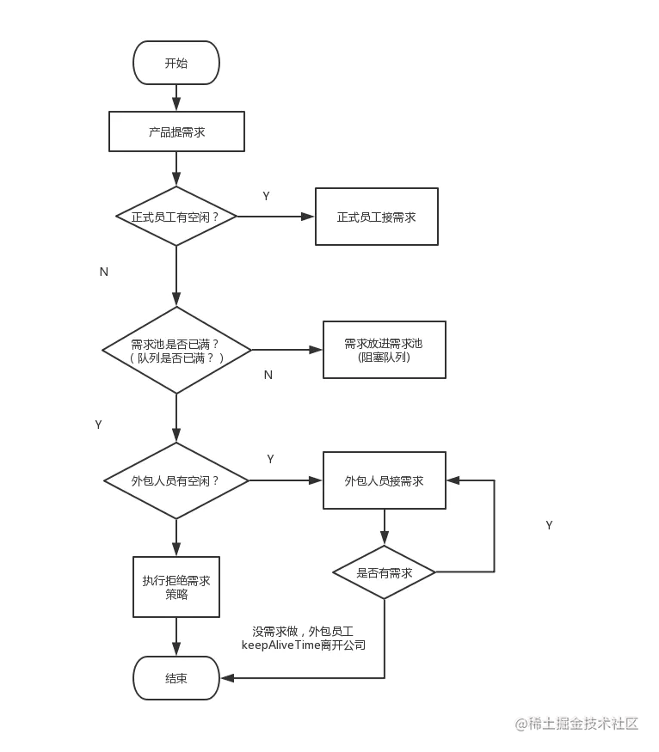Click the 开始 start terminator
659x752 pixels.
pos(176,63)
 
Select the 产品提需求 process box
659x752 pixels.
pos(176,131)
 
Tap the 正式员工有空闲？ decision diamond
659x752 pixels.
pos(176,217)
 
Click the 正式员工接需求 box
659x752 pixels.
pos(377,217)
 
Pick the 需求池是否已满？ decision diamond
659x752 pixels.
pos(176,350)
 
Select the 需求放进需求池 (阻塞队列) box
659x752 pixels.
pos(385,350)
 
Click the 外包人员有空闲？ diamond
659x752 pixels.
pos(176,480)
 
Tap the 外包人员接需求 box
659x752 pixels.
pos(385,480)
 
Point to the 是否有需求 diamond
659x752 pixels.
pos(384,572)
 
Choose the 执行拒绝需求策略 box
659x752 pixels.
pos(176,587)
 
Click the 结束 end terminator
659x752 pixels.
pos(176,678)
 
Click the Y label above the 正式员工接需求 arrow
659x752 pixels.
pos(267,196)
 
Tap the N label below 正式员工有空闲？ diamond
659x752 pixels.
pos(104,272)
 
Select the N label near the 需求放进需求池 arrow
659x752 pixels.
pos(268,375)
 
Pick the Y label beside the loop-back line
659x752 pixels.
pos(549,525)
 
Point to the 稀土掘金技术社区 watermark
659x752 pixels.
pos(576,724)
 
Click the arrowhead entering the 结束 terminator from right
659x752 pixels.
pos(227,678)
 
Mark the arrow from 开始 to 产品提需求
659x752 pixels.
pos(176,98)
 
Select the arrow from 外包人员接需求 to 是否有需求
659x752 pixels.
pos(385,527)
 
